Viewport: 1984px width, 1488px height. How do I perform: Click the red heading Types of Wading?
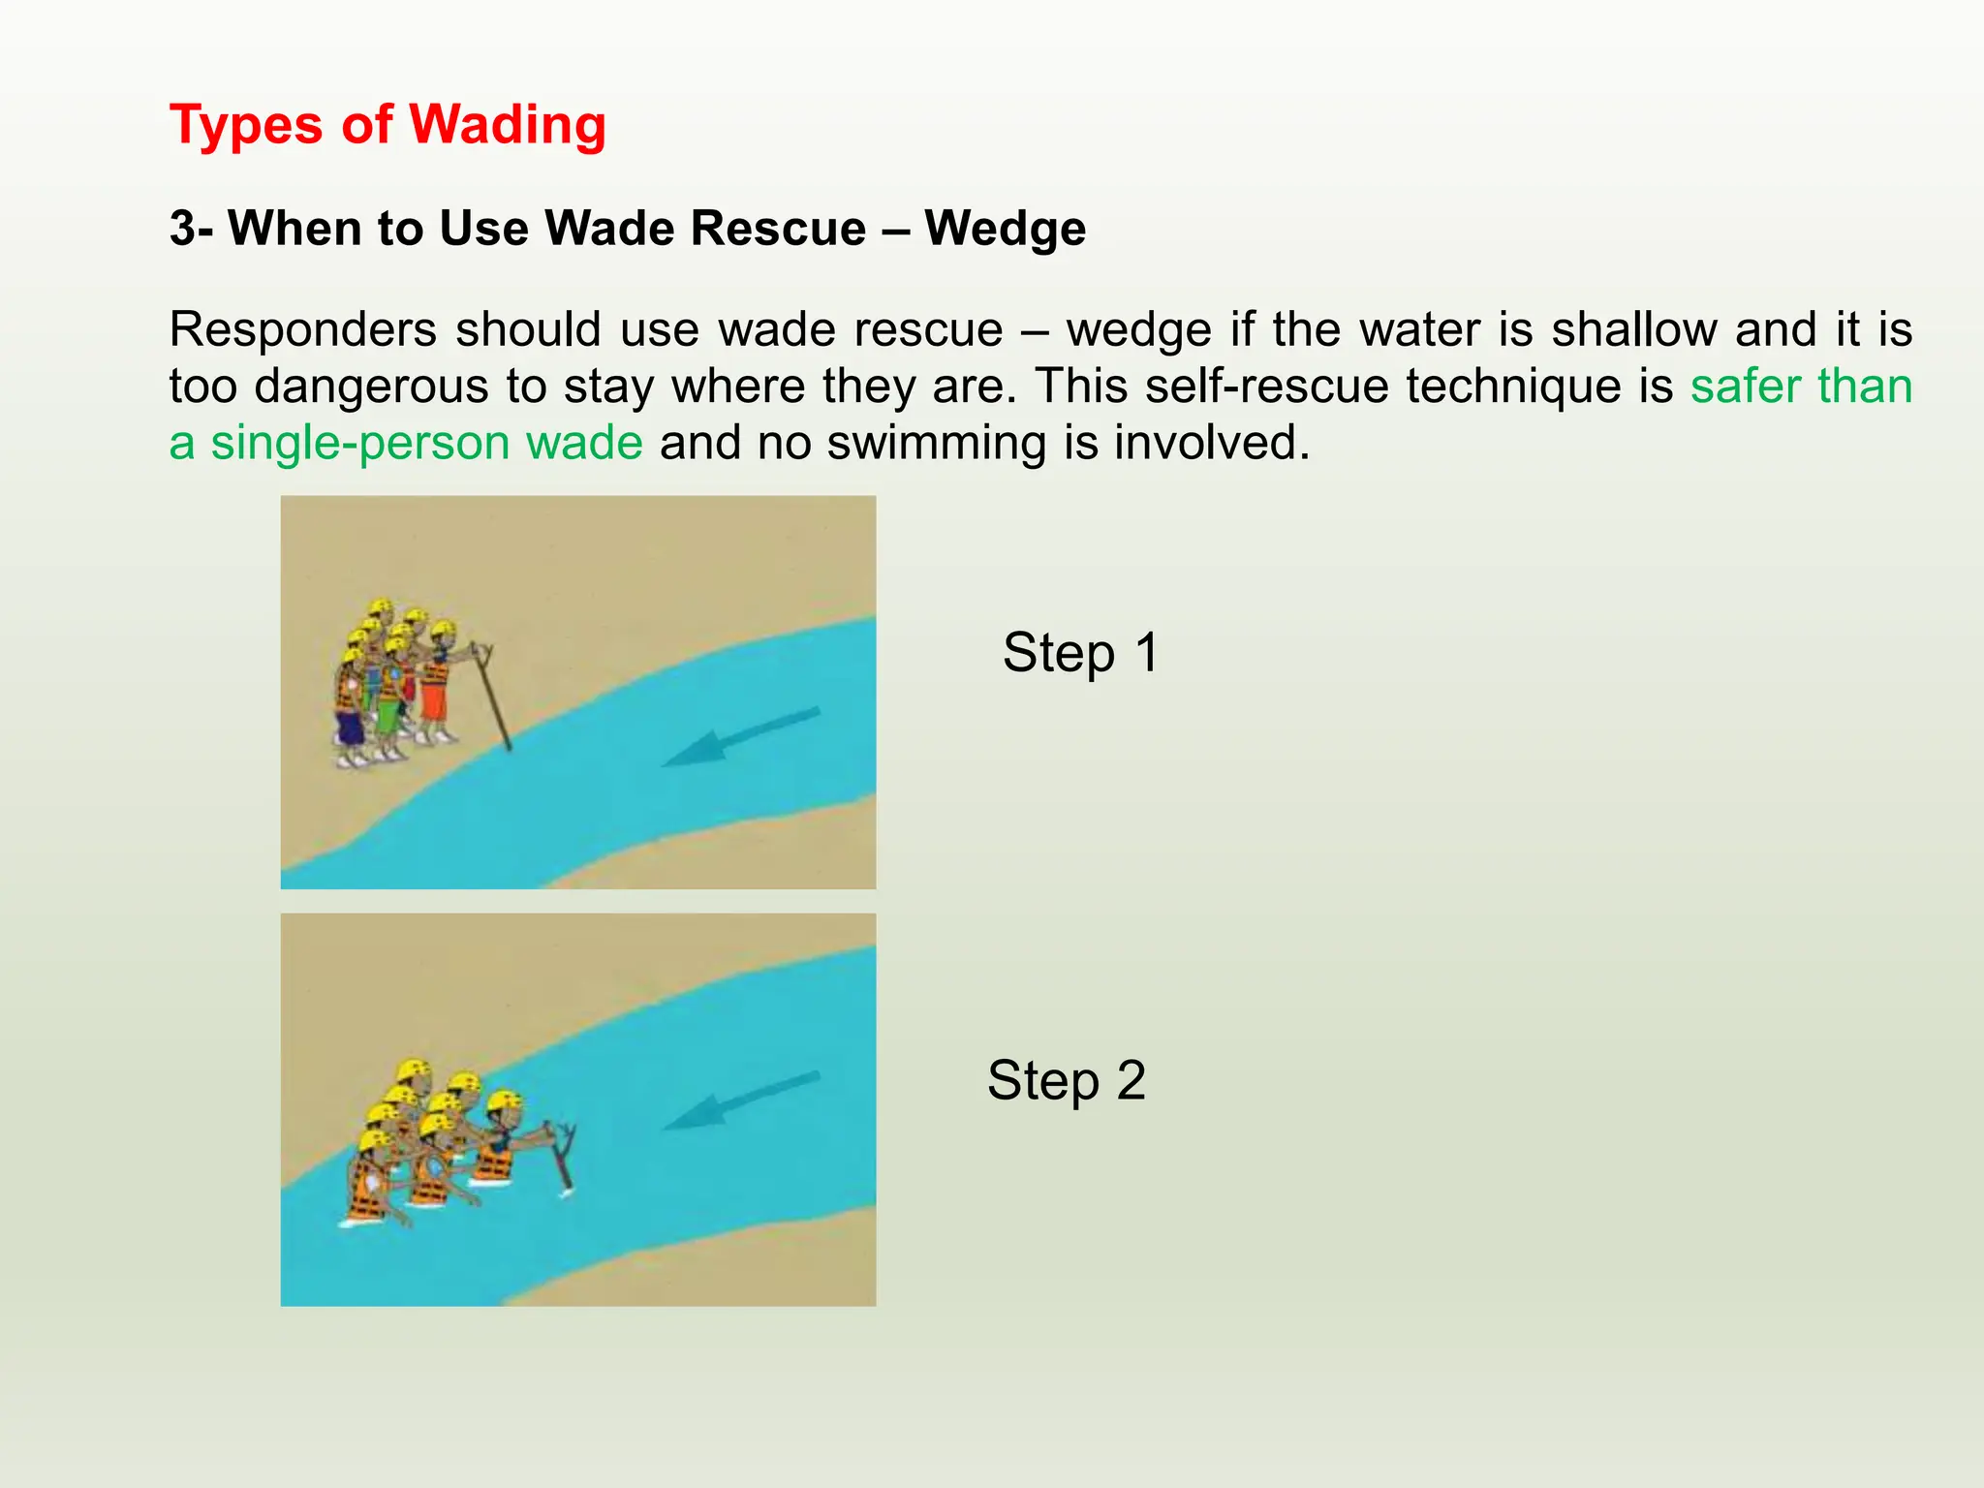coord(387,126)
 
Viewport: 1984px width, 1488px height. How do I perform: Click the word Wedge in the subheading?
coord(1005,230)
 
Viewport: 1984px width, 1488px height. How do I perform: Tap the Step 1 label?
coord(1080,652)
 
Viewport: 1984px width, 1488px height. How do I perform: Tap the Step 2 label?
coord(1066,1080)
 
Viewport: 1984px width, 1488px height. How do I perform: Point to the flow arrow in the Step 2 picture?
coord(741,1101)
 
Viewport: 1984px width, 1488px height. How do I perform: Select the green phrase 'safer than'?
coord(1801,387)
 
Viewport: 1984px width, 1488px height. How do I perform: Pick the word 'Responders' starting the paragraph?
coord(302,330)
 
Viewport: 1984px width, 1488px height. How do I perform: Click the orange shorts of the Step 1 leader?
coord(433,701)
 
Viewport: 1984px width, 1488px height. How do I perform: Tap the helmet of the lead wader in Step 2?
coord(504,1100)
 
